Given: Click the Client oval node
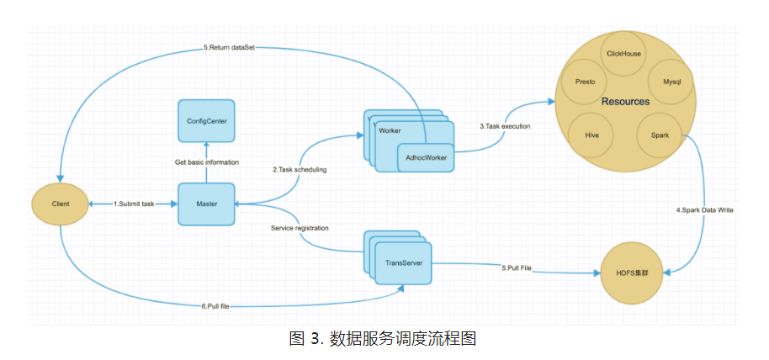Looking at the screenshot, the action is (x=60, y=204).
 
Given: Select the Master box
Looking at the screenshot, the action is (x=206, y=204).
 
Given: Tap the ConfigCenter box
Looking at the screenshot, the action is (x=206, y=120).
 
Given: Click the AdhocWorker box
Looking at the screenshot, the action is (x=426, y=157).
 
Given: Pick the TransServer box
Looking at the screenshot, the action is (x=404, y=263).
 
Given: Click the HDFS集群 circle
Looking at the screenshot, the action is (x=632, y=273).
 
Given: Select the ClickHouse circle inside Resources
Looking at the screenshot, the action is (x=623, y=54).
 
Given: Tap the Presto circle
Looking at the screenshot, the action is (x=585, y=82).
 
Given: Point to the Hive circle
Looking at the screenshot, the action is (x=591, y=135).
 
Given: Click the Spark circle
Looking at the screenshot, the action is (x=659, y=135).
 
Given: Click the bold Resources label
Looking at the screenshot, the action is (x=625, y=102).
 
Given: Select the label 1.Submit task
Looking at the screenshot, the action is (x=135, y=204).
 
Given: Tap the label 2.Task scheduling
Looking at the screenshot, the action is (x=300, y=170).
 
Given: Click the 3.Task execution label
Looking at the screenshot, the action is (x=505, y=126).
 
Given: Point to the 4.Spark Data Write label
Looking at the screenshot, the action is (x=704, y=210).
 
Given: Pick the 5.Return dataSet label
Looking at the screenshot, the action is (x=229, y=48).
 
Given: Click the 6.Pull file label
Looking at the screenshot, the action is (x=215, y=306).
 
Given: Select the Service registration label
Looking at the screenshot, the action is (x=300, y=228).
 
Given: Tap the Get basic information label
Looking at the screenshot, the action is (x=207, y=161).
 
